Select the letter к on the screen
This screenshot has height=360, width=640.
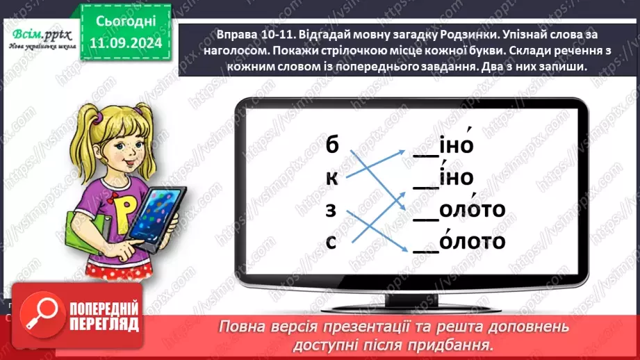331,178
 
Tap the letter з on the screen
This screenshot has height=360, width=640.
331,209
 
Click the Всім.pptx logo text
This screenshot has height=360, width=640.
38,33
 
